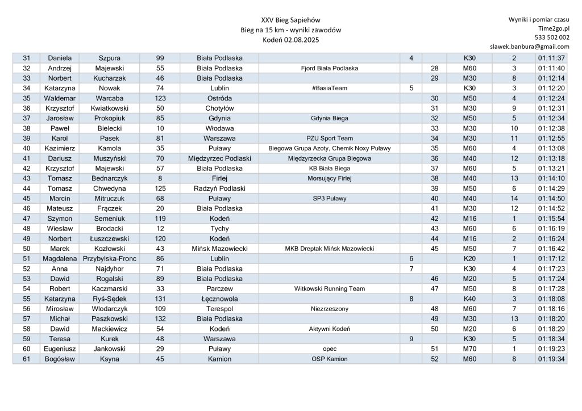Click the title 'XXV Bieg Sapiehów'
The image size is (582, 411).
[x=290, y=20]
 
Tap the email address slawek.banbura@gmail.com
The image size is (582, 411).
[x=529, y=47]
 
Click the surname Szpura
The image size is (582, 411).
[x=110, y=58]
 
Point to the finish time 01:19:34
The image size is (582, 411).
[x=550, y=359]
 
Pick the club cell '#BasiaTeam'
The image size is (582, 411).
[x=330, y=88]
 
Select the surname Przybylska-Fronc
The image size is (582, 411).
[x=110, y=258]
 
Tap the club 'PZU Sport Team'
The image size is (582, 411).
[x=330, y=138]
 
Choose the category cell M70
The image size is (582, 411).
[x=469, y=349]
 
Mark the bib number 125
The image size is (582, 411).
[x=160, y=188]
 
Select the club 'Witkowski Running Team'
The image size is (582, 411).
[x=330, y=288]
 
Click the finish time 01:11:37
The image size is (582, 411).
[x=550, y=58]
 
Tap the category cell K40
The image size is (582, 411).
[x=469, y=299]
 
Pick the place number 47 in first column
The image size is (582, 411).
[x=26, y=218]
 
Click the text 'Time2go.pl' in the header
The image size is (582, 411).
[x=554, y=28]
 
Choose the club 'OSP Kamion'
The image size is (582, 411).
[x=330, y=359]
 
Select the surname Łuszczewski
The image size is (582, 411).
[x=110, y=238]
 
